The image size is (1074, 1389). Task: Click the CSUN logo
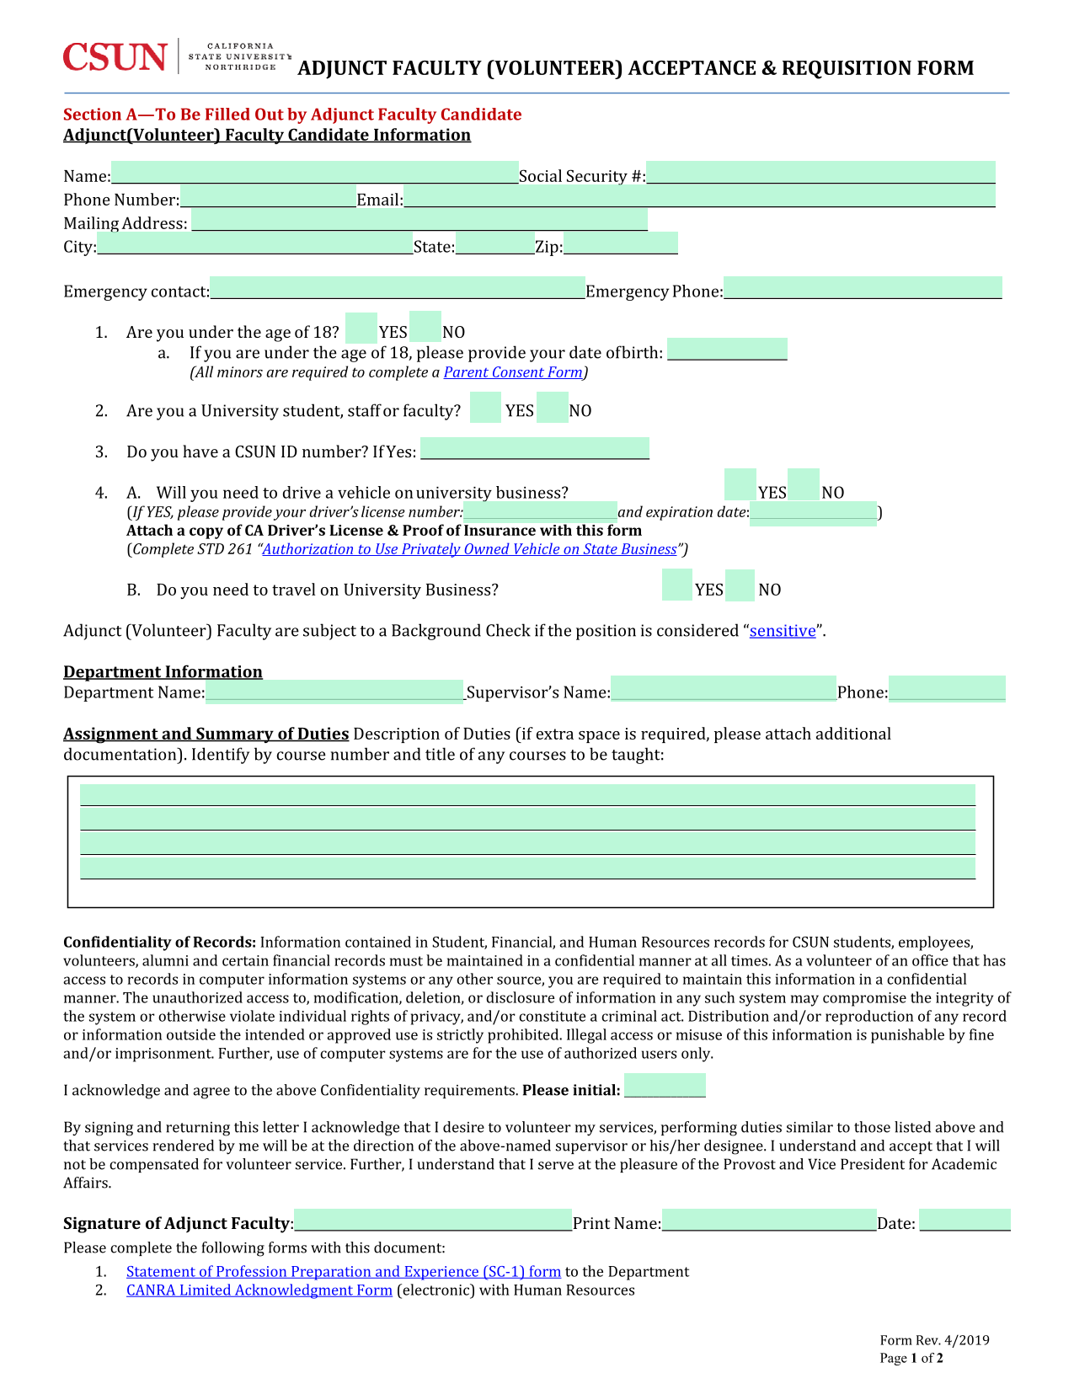click(x=115, y=57)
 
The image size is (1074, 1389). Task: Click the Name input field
click(x=314, y=173)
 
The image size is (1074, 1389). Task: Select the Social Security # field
click(x=820, y=173)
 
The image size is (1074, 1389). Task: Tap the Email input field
click(x=699, y=197)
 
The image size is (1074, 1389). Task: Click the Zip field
click(x=621, y=243)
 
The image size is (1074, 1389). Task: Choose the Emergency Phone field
click(x=863, y=288)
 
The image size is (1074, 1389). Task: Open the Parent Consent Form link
click(x=513, y=372)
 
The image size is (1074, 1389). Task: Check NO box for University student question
click(x=552, y=408)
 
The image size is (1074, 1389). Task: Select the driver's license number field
click(x=540, y=510)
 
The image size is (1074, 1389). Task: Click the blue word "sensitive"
click(x=783, y=631)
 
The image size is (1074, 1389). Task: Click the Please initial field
click(x=665, y=1086)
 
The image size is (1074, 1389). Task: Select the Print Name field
click(x=769, y=1220)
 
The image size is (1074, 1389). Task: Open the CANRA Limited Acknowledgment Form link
click(x=259, y=1290)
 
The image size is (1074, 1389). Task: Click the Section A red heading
click(x=292, y=115)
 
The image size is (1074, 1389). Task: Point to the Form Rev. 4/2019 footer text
click(x=934, y=1340)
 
